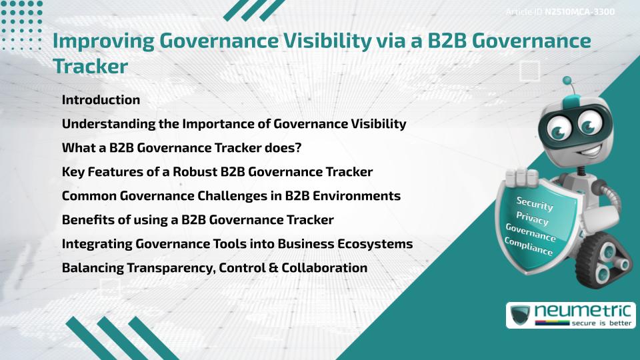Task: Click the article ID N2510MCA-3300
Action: tap(579, 12)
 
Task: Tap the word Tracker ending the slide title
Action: tap(89, 67)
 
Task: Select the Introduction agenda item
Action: tap(101, 100)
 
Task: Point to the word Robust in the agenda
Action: tap(192, 172)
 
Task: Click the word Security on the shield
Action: tap(535, 203)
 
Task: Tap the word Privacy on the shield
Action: tap(533, 219)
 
